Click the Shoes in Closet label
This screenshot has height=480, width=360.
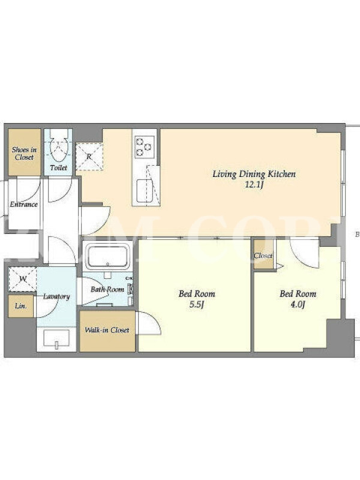(24, 154)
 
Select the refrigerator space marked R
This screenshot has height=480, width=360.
(89, 157)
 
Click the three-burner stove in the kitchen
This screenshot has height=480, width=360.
(144, 148)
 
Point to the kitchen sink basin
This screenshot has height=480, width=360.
(145, 191)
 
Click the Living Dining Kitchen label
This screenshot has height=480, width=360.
(254, 174)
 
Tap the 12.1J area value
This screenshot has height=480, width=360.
(254, 185)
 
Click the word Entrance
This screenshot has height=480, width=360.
(23, 204)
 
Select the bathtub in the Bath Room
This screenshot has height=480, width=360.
(107, 256)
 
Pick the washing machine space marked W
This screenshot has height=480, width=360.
(22, 279)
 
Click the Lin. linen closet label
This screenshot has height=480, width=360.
(21, 306)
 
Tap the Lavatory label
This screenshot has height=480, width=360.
(56, 296)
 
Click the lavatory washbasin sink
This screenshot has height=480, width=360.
(56, 339)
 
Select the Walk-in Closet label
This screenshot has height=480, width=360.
(107, 330)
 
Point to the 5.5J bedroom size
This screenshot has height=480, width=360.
(197, 305)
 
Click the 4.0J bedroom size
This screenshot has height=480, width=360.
(297, 305)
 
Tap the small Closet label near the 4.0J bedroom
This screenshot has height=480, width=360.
(263, 256)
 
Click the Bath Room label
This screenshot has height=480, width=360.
(107, 289)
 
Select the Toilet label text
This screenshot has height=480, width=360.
(58, 167)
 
